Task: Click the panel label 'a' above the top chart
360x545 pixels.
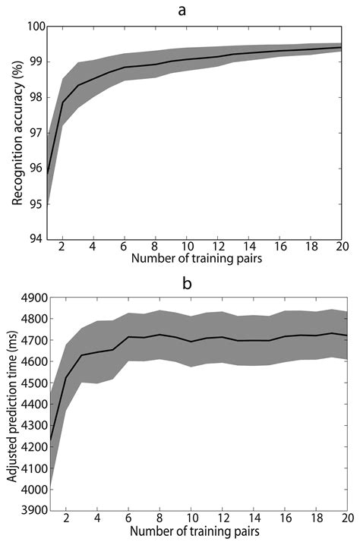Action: [x=194, y=10]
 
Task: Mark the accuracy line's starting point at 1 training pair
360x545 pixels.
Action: [x=47, y=175]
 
